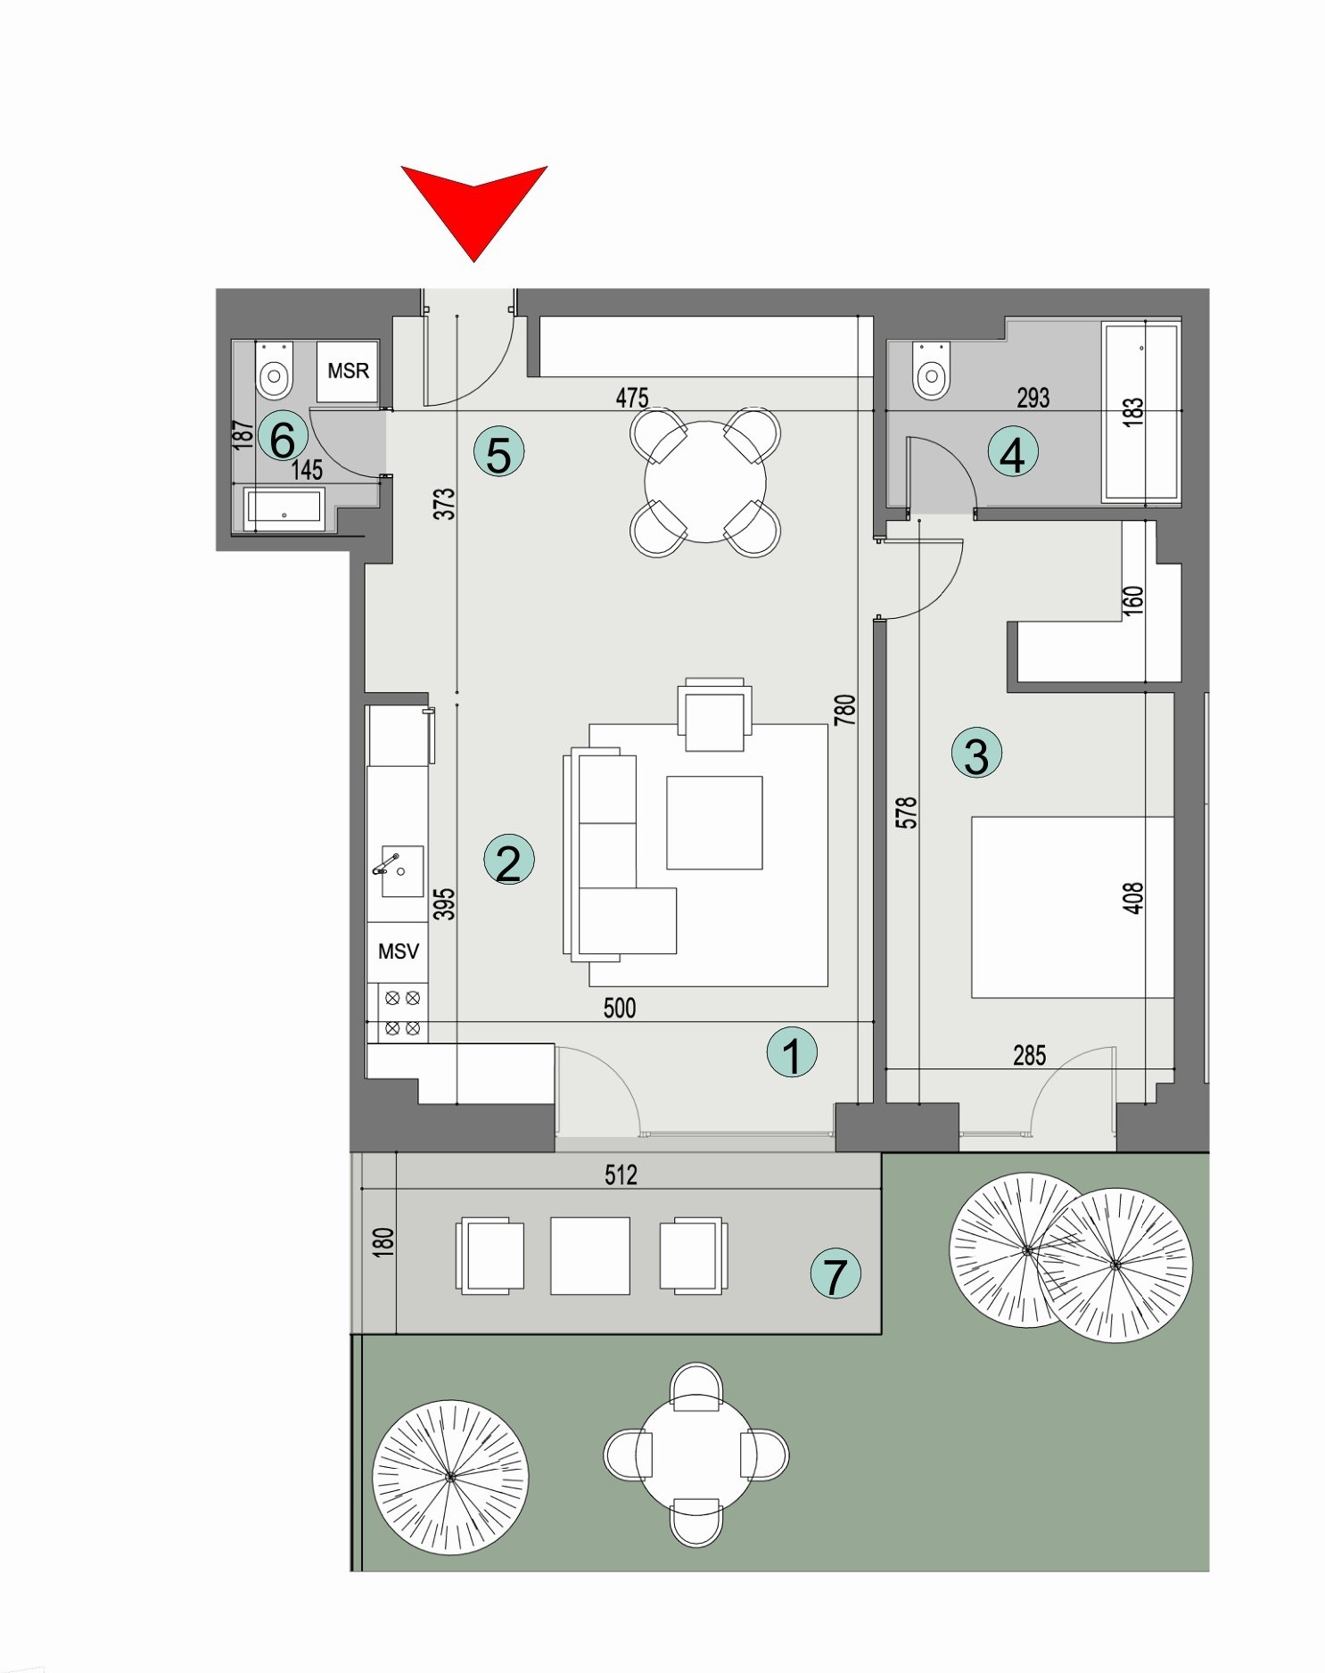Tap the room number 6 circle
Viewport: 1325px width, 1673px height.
click(x=283, y=438)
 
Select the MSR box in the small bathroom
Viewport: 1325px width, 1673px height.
click(x=348, y=371)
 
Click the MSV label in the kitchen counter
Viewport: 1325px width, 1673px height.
click(x=398, y=952)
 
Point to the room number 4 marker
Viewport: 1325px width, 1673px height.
click(x=1013, y=454)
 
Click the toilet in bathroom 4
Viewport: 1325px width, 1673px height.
click(x=932, y=373)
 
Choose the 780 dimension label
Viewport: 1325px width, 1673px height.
click(x=844, y=710)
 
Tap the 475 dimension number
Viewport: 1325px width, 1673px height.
click(x=632, y=398)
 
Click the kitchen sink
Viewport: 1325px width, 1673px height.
click(x=400, y=871)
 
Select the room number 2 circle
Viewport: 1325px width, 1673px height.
click(x=508, y=861)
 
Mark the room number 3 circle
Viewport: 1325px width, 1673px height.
click(x=976, y=754)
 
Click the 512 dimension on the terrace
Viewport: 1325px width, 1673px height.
click(x=621, y=1175)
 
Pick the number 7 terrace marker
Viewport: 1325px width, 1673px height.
click(x=835, y=1274)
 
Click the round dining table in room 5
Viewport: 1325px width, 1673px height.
click(x=704, y=482)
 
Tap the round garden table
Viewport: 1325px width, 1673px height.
click(x=696, y=1455)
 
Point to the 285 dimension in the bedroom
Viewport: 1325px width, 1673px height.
click(x=1029, y=1056)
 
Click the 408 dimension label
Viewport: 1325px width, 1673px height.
click(x=1132, y=898)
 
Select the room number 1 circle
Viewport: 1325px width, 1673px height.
click(x=792, y=1053)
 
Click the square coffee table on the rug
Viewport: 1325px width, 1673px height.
click(x=714, y=822)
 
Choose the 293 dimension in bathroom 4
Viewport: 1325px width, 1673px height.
click(x=1033, y=398)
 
